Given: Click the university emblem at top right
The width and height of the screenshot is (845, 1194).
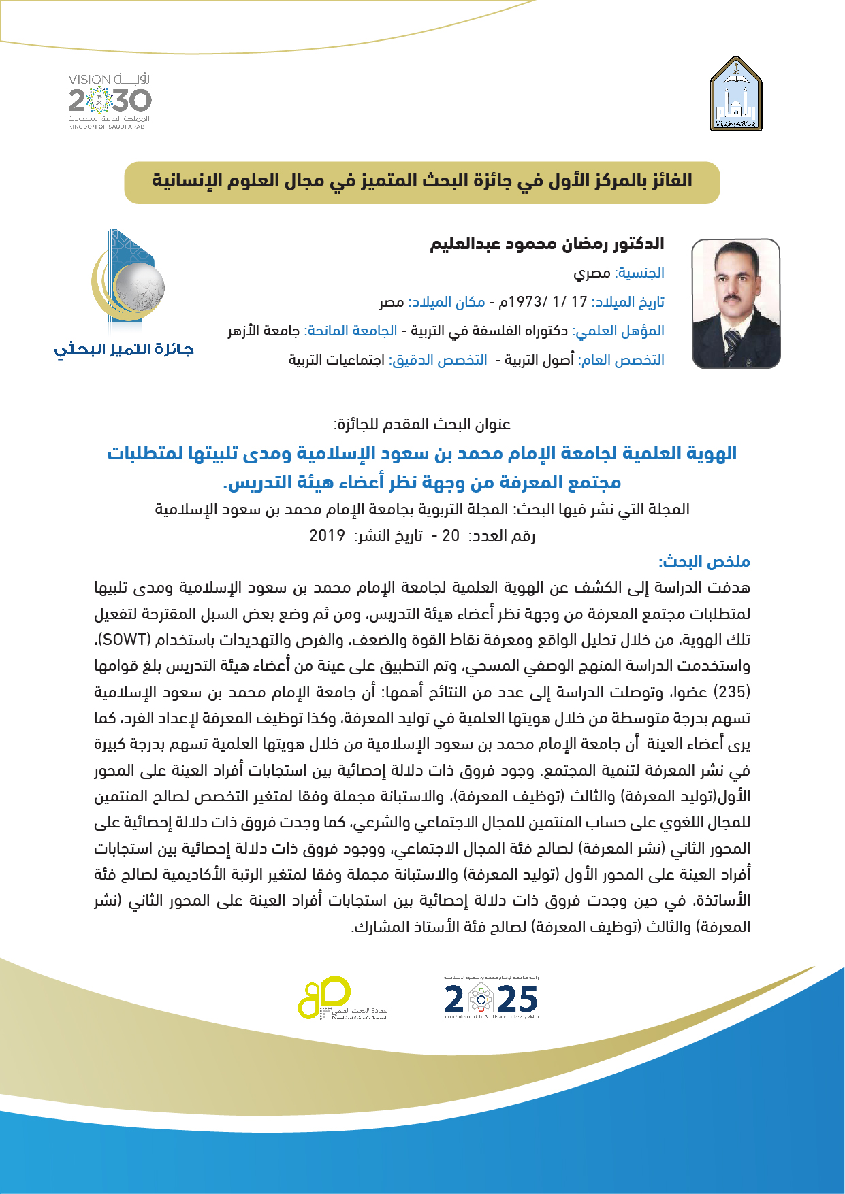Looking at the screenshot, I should pos(735,94).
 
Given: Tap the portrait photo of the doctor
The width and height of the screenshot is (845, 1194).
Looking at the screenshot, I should pos(736,303).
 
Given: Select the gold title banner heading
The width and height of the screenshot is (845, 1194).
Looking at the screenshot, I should pos(421,182).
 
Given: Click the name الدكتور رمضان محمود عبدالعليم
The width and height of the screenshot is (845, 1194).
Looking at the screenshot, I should pos(547,244).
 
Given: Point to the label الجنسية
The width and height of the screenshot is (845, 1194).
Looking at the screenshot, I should pos(640,273).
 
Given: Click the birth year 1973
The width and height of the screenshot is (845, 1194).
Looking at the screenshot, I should pos(524,301).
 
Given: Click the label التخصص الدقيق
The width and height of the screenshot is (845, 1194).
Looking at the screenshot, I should pos(439,359).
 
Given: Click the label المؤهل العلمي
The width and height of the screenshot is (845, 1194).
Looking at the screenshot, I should pos(619,331).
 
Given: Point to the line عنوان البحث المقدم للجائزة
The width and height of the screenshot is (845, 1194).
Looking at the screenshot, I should pos(422,425).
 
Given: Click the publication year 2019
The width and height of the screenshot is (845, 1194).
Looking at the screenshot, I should pos(327,535).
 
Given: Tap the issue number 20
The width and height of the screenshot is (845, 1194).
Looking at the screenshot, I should pos(451,535).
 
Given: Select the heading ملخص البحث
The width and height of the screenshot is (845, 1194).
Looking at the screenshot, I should pos(704,561).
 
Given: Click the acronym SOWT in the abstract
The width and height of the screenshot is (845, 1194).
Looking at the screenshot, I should pos(125,640).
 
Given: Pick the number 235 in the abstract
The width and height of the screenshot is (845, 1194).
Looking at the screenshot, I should pos(732,692).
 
